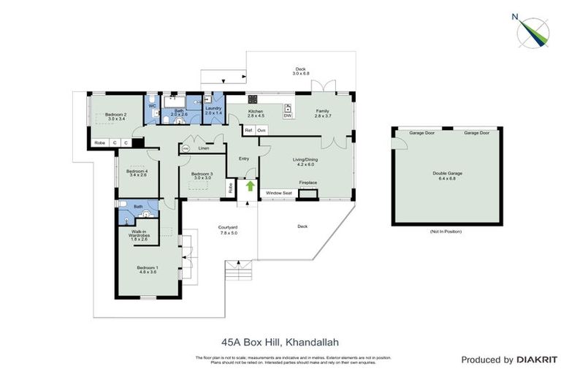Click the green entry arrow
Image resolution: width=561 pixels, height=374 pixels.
[x=251, y=186]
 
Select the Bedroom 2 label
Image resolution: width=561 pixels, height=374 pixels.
[x=115, y=115]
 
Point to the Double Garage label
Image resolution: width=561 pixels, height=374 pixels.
[x=447, y=174]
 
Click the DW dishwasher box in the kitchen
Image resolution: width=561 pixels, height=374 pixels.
[x=287, y=115]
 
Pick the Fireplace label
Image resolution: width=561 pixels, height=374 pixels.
[x=308, y=183]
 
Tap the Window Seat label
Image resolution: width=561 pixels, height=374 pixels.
[x=278, y=193]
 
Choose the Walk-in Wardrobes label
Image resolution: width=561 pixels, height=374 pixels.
[x=140, y=234]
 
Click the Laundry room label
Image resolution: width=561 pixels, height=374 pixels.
[x=213, y=108]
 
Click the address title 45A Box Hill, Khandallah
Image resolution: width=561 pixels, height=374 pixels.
[x=280, y=342]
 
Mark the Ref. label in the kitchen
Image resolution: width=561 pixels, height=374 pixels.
[x=248, y=130]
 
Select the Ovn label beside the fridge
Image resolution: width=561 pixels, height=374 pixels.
[x=261, y=130]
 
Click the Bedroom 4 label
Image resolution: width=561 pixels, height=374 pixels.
[x=137, y=172]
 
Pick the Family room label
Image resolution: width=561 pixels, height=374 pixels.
[x=323, y=111]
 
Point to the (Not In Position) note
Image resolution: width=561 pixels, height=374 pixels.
[x=446, y=231]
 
